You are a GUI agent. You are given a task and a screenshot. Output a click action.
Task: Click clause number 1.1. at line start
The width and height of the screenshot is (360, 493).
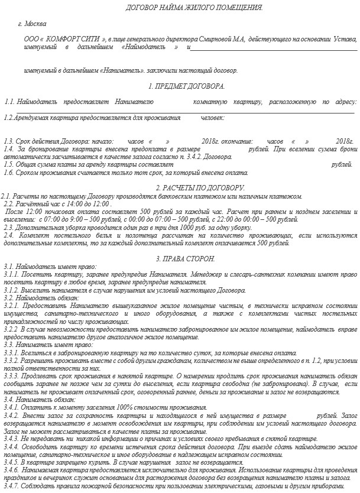pyautogui.click(x=9, y=102)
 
